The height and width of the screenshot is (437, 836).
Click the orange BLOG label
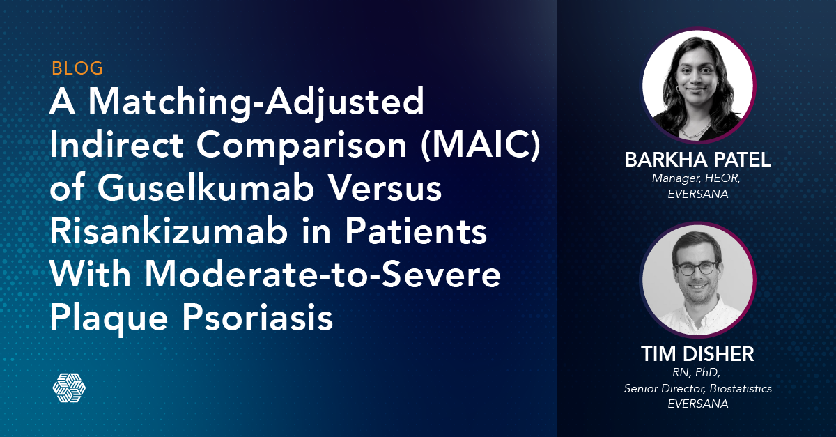(x=77, y=68)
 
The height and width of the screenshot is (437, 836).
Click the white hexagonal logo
(x=69, y=388)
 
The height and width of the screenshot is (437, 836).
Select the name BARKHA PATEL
(x=697, y=160)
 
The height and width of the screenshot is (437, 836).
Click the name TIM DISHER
(x=697, y=354)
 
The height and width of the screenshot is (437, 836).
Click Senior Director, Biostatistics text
(x=697, y=389)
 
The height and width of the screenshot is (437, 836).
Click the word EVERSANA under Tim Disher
(x=697, y=404)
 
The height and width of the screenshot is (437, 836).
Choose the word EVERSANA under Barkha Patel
(x=697, y=194)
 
